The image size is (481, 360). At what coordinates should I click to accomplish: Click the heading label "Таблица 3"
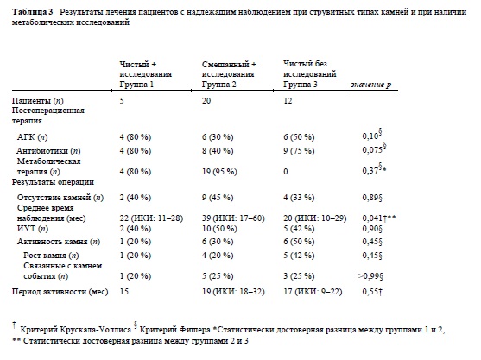33,12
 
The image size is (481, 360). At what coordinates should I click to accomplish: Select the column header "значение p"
370,85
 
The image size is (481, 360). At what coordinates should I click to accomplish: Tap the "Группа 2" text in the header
219,85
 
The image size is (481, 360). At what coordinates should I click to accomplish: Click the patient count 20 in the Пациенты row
206,101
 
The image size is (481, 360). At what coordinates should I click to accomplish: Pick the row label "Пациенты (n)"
38,101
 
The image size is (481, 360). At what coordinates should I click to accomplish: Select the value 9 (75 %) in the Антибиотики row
299,151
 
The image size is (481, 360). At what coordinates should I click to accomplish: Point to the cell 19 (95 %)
219,172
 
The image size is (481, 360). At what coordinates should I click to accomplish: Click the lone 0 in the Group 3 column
286,172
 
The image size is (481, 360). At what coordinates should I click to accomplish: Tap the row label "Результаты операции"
53,182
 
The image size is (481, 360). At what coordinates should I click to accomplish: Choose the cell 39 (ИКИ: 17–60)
233,218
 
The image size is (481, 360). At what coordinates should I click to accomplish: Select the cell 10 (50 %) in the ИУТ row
219,229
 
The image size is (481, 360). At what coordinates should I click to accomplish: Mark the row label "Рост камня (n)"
51,256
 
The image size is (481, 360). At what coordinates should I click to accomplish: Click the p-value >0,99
370,276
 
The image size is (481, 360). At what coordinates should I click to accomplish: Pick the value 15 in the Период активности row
124,291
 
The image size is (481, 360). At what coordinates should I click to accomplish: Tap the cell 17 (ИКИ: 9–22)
313,291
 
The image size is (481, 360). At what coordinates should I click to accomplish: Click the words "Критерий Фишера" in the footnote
174,330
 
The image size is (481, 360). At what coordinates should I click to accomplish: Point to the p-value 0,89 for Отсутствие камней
372,198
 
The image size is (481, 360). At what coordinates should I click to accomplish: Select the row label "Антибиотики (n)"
48,151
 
